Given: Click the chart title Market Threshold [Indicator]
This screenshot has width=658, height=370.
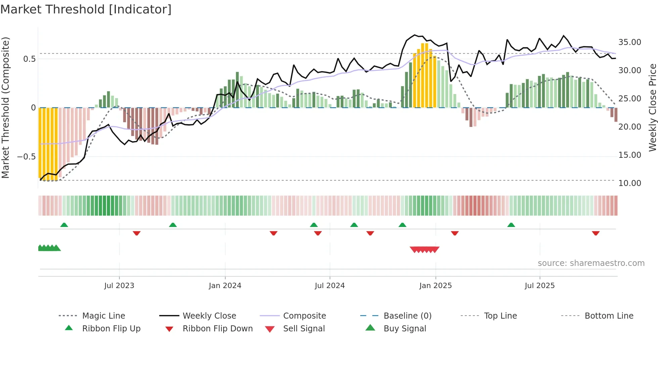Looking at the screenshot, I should coord(86,9).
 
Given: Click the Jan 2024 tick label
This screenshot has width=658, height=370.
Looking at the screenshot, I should coord(225,286).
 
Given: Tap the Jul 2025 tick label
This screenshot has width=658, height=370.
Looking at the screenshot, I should coord(539,286).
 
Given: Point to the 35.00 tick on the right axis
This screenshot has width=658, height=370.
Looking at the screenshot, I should coord(629,42).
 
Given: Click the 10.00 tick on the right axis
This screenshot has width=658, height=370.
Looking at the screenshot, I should coord(629,183).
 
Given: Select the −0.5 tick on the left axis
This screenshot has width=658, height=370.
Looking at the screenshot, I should coord(27,157).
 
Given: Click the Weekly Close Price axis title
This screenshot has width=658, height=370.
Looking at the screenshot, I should coord(652,107).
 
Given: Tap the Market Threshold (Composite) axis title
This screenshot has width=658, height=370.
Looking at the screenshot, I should coord(5,107).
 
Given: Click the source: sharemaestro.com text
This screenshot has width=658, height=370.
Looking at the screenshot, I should coord(591,263).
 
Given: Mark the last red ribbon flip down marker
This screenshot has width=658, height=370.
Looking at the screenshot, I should coord(596,233).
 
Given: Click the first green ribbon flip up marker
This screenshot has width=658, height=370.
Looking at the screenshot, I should coord(64,225).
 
